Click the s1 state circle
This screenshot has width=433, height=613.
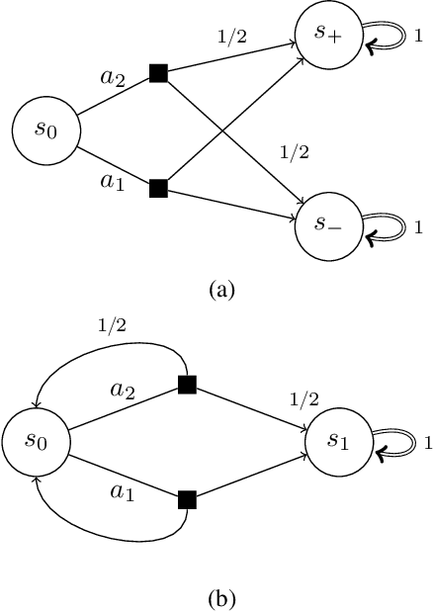coord(336,444)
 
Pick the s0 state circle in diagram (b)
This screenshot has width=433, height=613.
coord(36,443)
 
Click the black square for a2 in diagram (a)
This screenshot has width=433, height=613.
coord(157,73)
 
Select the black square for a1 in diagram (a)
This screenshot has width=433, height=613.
coord(157,186)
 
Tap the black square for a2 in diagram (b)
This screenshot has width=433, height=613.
coord(185,386)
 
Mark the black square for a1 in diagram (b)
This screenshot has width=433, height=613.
coord(185,500)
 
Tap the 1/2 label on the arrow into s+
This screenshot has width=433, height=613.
coord(230,39)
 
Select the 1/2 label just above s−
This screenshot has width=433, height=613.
coord(296,153)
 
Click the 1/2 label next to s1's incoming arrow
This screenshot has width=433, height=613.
coord(303,398)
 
